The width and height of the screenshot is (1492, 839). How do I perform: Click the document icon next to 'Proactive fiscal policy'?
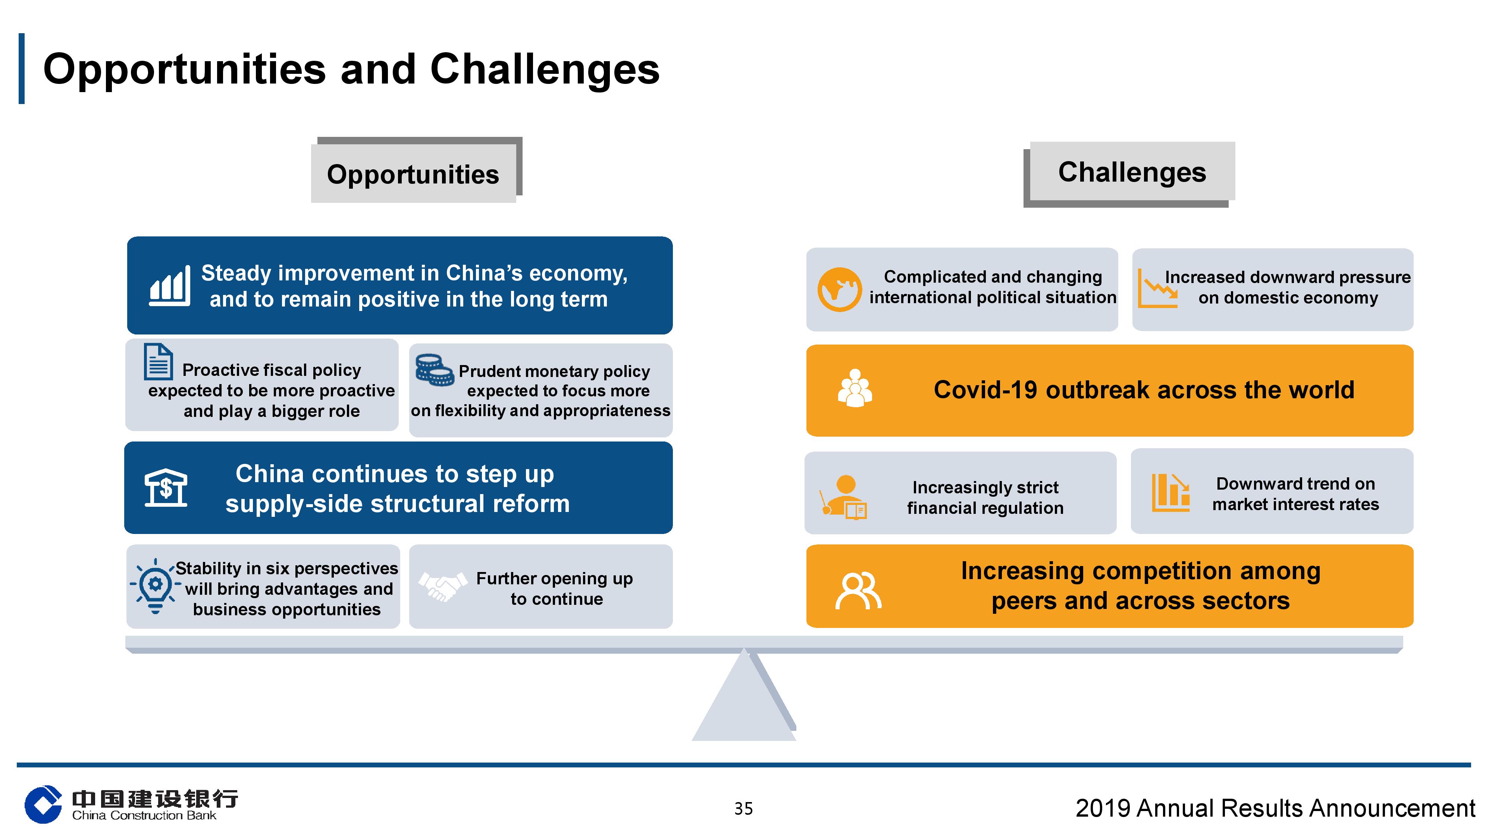(x=158, y=361)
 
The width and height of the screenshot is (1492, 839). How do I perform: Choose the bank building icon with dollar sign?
(x=166, y=487)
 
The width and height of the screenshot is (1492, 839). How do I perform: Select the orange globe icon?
(x=839, y=289)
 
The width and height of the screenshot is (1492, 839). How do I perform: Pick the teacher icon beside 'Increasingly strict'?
(x=843, y=497)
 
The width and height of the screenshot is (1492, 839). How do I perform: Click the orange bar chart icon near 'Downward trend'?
(x=1170, y=492)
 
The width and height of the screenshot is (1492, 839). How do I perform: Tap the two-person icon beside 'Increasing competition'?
(x=858, y=591)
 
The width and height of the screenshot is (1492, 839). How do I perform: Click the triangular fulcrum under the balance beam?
(x=744, y=695)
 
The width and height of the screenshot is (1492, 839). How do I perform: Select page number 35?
(x=744, y=808)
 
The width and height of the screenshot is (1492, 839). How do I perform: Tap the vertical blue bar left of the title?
(x=21, y=68)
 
